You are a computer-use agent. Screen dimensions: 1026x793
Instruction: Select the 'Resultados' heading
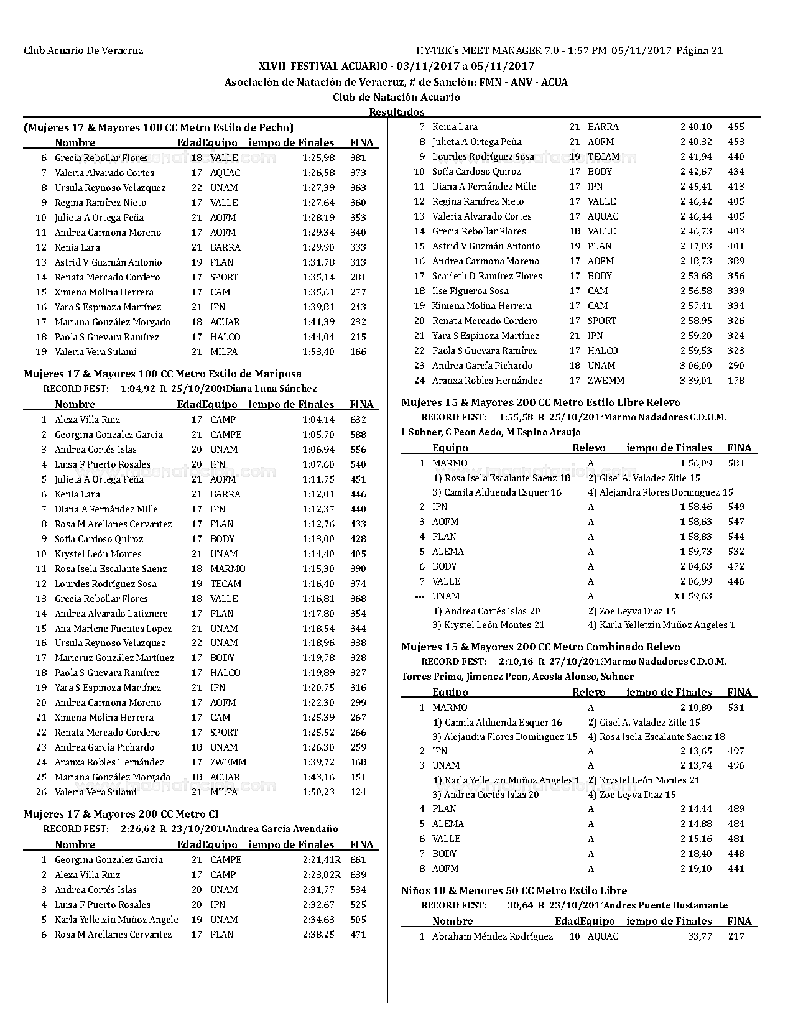[x=397, y=112]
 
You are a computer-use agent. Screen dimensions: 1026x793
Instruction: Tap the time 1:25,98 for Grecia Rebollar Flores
[x=318, y=158]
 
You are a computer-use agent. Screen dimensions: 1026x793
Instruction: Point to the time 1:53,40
[x=318, y=352]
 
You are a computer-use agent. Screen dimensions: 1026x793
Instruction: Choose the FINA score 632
[x=358, y=420]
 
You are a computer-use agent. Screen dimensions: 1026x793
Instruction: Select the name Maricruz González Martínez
[x=114, y=658]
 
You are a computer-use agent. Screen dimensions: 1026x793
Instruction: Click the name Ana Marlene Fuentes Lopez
[x=113, y=628]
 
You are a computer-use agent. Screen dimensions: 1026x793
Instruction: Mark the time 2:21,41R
[x=322, y=860]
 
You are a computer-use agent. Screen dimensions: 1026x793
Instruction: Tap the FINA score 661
[x=358, y=860]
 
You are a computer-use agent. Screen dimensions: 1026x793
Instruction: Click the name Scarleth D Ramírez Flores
[x=487, y=276]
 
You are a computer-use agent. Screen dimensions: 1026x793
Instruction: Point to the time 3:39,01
[x=696, y=381]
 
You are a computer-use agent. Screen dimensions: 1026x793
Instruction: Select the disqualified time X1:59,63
[x=693, y=596]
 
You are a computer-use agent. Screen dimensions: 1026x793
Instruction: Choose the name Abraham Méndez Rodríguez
[x=493, y=936]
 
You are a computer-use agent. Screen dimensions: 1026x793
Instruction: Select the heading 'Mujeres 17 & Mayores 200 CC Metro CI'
[x=121, y=814]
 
